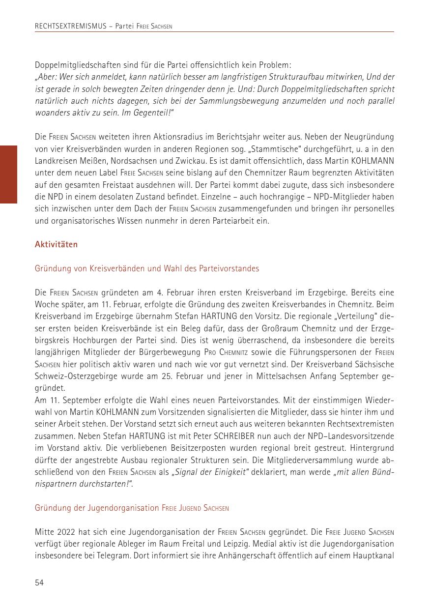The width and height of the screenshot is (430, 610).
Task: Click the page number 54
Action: tap(39, 582)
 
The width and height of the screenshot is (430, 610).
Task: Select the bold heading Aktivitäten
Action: tap(56, 244)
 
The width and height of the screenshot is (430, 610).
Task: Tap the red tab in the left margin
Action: tap(8, 174)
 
